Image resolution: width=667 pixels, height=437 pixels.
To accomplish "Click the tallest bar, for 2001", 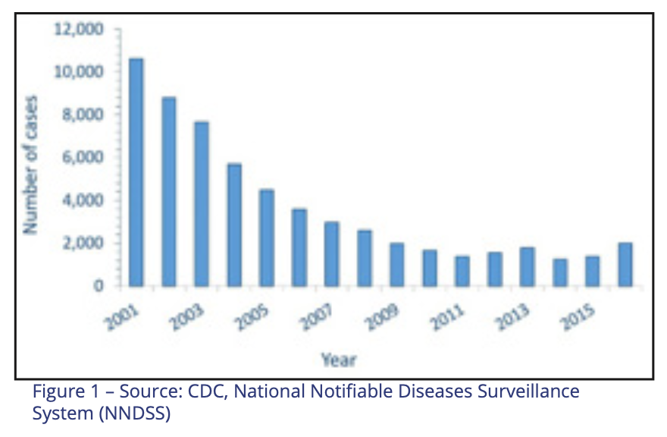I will tap(136, 172).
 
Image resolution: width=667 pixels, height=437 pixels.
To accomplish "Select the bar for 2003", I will tap(201, 203).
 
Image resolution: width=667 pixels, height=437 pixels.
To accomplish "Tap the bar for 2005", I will tap(266, 237).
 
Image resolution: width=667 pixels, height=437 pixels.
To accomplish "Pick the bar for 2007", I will tap(332, 254).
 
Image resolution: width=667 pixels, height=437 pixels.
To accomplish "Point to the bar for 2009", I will tap(397, 265).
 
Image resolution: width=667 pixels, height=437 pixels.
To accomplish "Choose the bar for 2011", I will tap(462, 272).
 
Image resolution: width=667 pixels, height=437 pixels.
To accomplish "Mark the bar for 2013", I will tap(528, 267).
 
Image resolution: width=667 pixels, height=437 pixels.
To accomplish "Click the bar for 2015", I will tap(593, 272).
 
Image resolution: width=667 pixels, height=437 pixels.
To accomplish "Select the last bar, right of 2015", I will tap(625, 265).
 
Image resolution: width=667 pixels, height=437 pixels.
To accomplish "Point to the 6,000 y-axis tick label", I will tap(82, 158).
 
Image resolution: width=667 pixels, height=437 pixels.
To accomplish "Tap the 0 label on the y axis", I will tap(99, 286).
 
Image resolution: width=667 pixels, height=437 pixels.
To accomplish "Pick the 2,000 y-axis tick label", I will tap(82, 244).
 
